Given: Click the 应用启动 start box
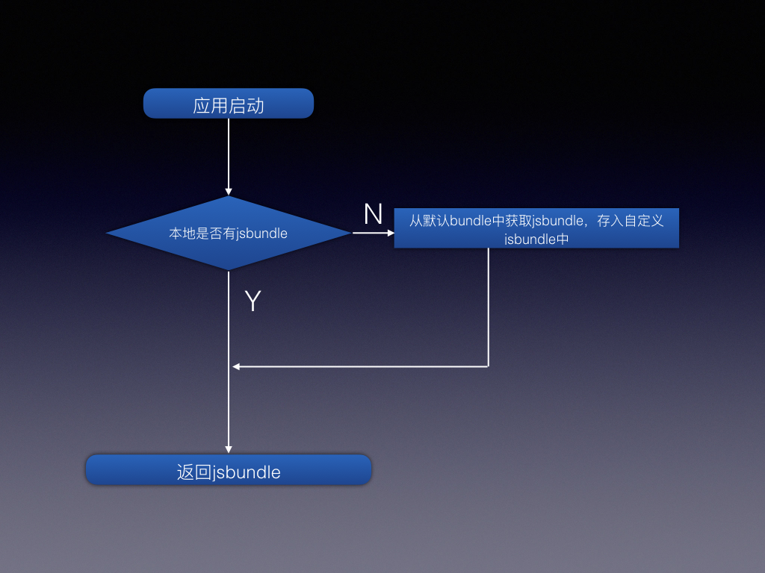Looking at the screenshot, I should pos(228,104).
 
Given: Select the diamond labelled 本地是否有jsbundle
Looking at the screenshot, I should pos(228,234).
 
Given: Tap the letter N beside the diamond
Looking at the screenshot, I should pos(373,215).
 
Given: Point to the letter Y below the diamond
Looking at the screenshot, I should pos(253,301).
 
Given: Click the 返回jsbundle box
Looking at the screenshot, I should pos(228,471).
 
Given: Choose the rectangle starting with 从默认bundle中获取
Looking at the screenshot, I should pos(536,228).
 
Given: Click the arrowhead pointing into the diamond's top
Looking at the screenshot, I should pos(229,191).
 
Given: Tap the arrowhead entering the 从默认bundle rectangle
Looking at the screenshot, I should pos(390,233).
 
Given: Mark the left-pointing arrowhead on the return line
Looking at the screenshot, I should pos(236,366).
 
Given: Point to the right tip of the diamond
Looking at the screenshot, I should pos(349,233).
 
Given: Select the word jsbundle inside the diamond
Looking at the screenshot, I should pos(262,234).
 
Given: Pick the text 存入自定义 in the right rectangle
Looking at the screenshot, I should pos(631,221).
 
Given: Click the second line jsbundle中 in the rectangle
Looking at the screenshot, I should pos(536,239).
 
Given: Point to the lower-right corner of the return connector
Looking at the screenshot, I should pos(489,366).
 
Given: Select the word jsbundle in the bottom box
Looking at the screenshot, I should pos(247,472).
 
